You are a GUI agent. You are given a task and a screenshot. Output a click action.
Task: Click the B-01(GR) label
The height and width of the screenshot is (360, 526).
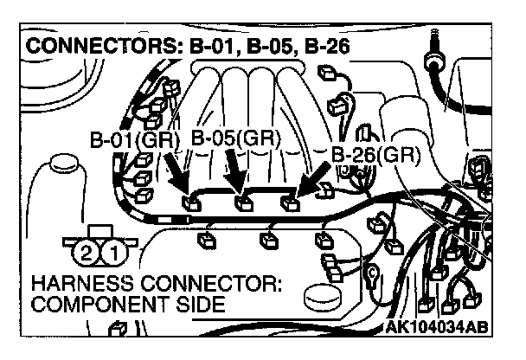pyautogui.click(x=133, y=139)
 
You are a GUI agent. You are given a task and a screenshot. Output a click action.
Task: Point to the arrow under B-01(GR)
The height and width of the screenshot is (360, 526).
pyautogui.click(x=175, y=176)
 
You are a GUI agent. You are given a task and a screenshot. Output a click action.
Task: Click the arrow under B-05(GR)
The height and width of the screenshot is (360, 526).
pyautogui.click(x=234, y=173)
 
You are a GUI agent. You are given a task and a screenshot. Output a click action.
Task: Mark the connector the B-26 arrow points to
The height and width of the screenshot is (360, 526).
pyautogui.click(x=290, y=205)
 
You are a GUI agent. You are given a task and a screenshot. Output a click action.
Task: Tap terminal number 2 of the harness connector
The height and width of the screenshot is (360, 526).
pyautogui.click(x=84, y=253)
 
